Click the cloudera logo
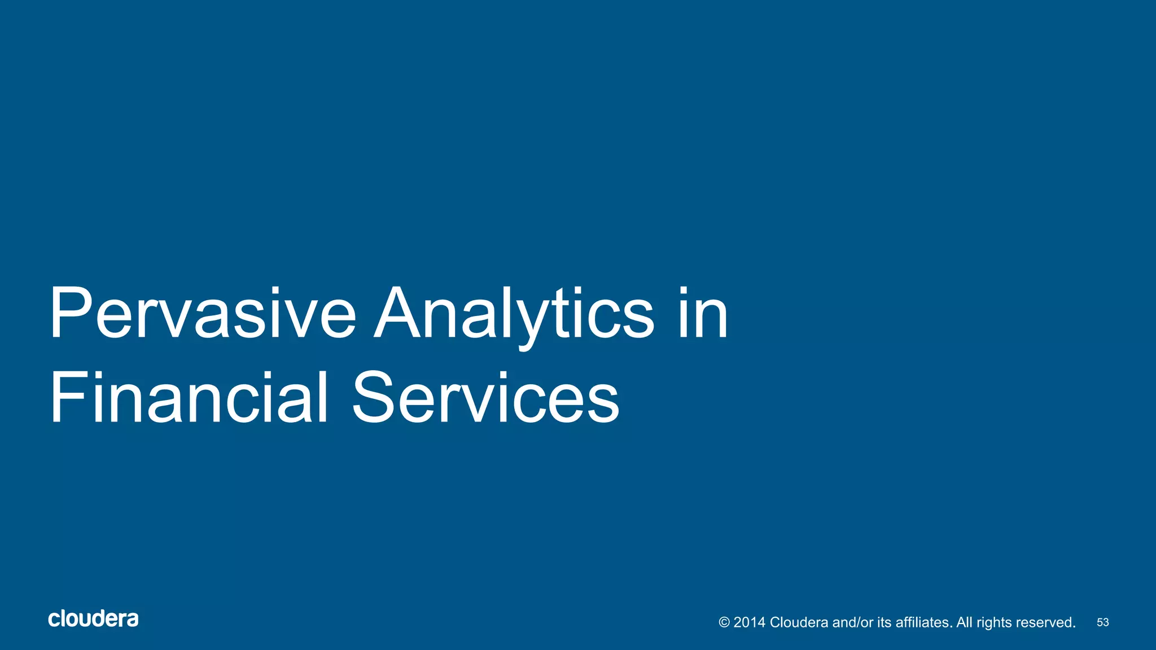coord(93,619)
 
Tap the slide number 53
coord(1102,622)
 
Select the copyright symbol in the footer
coord(724,622)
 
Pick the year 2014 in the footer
coord(749,622)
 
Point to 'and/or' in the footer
coord(852,622)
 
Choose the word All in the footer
coord(964,622)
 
